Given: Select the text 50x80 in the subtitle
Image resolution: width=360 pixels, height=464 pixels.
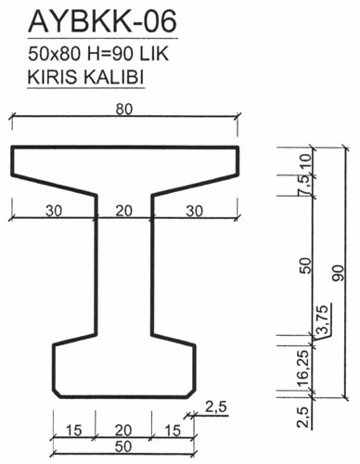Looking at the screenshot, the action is coord(55,54).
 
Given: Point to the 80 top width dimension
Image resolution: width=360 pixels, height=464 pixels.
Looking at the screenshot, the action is coord(124,110).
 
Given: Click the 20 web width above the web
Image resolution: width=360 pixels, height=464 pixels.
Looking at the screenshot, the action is coord(124,211).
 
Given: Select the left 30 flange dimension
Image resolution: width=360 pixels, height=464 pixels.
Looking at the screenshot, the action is coord(54,211).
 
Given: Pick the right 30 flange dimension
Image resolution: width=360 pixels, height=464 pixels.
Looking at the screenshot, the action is coord(195,212).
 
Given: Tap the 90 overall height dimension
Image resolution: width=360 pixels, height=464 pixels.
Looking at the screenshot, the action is coord(339,273).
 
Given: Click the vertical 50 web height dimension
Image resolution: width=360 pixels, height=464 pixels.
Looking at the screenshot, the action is coord(305,265).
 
